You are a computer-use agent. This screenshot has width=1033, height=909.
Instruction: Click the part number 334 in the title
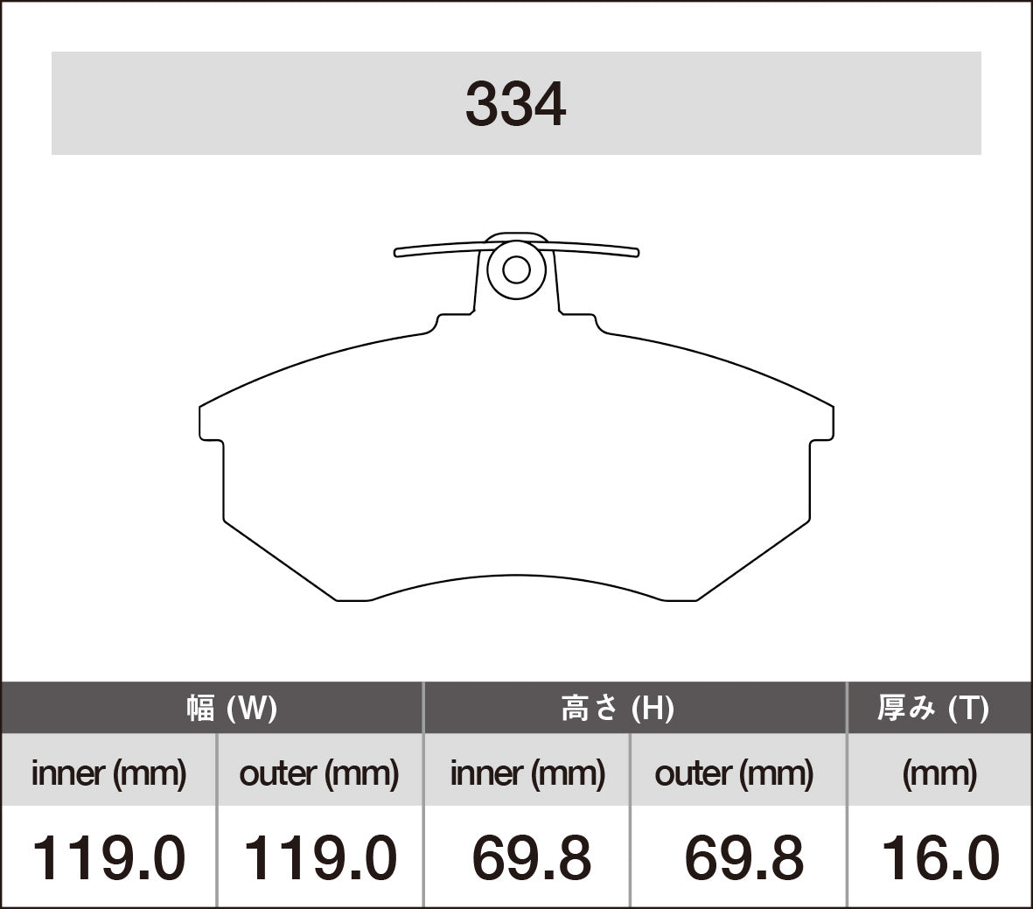click(515, 105)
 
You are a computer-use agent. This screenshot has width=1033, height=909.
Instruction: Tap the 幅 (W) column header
click(232, 708)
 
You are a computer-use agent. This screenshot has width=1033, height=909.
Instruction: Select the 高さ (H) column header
click(618, 708)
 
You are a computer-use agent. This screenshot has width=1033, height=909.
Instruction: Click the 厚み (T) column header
click(932, 708)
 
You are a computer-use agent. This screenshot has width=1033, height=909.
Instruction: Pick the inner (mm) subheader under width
click(108, 773)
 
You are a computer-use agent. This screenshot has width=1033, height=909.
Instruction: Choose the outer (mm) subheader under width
click(319, 773)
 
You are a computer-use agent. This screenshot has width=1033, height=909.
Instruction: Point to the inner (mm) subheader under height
click(527, 773)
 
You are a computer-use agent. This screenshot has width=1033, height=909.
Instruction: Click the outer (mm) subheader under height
click(734, 773)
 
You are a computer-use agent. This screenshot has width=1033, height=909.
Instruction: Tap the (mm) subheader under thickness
click(939, 773)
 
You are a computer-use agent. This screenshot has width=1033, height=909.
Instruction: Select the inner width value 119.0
click(108, 857)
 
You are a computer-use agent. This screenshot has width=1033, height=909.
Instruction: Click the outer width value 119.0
click(319, 857)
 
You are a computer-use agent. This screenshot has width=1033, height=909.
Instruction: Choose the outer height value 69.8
click(743, 857)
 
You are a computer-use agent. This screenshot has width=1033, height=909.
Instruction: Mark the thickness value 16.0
click(939, 857)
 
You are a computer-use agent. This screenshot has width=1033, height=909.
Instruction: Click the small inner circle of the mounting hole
click(516, 269)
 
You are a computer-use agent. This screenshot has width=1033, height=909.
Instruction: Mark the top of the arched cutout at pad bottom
click(516, 577)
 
